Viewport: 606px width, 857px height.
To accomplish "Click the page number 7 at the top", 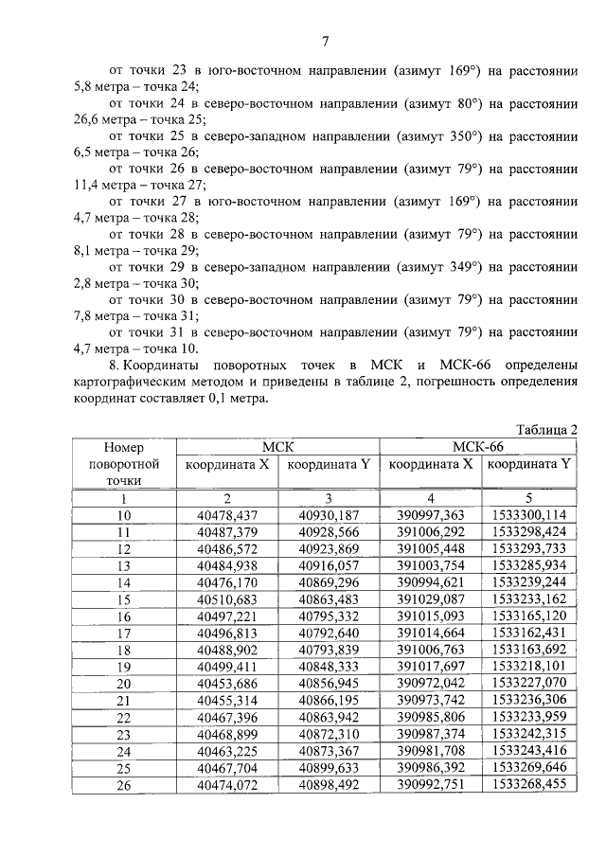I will [x=325, y=41].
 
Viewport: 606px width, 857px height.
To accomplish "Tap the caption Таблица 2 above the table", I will [x=546, y=430].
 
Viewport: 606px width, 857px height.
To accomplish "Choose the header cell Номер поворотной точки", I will [x=123, y=464].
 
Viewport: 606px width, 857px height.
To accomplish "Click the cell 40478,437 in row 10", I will [x=227, y=515].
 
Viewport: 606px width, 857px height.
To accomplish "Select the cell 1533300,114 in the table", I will [x=529, y=515].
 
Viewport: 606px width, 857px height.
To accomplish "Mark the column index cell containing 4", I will [x=431, y=498].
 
